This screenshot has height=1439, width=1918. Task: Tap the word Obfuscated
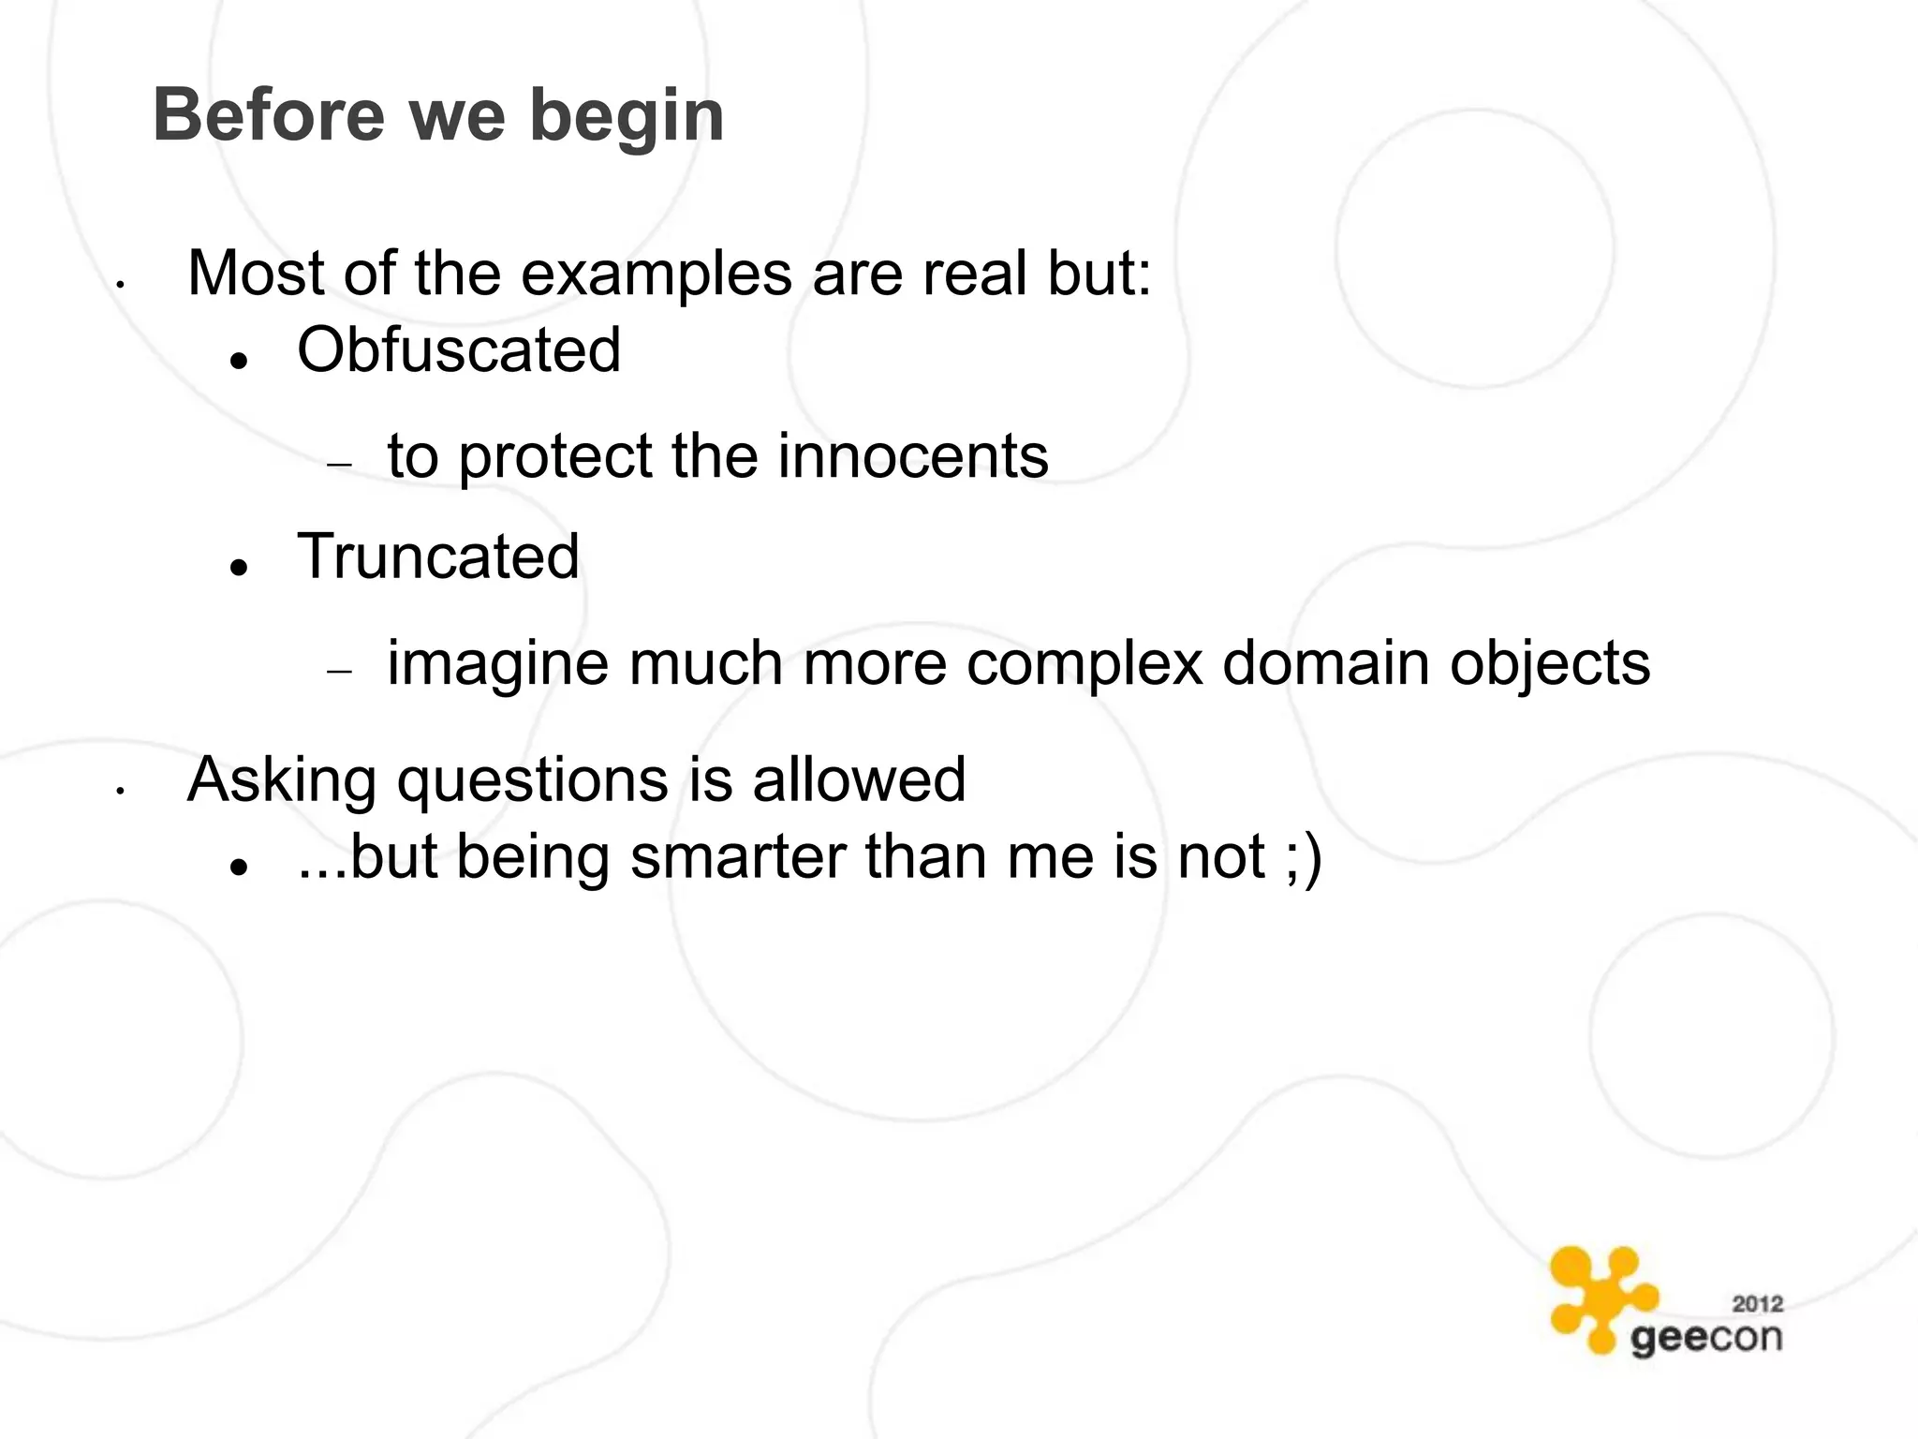click(459, 350)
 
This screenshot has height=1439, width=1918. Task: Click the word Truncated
click(438, 556)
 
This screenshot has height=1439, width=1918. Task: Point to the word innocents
click(912, 456)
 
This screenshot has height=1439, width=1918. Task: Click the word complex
click(1084, 663)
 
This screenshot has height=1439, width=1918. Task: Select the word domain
click(1326, 663)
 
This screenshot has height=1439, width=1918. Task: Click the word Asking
click(282, 780)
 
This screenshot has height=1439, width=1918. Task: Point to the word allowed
click(859, 779)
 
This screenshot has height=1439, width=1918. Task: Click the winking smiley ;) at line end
click(1303, 857)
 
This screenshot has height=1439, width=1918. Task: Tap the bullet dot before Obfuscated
click(241, 360)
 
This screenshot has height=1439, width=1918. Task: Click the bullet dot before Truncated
click(241, 566)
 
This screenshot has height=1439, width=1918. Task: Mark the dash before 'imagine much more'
click(339, 671)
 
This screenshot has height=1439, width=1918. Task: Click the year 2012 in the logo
click(1757, 1303)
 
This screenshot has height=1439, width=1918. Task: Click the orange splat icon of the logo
click(1599, 1298)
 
